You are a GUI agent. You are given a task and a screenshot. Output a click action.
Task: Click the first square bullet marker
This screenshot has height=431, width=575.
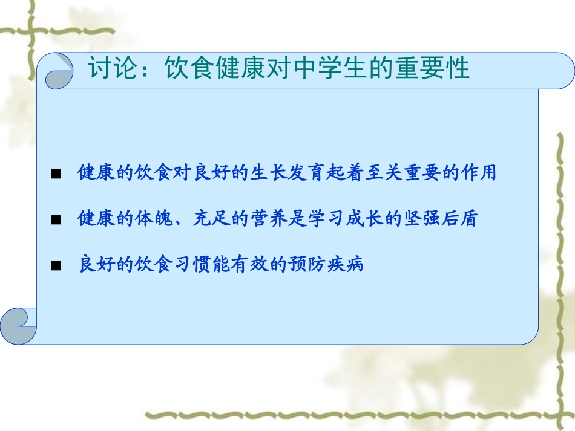click(56, 175)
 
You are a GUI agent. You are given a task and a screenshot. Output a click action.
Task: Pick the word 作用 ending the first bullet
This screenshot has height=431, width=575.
click(481, 173)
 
